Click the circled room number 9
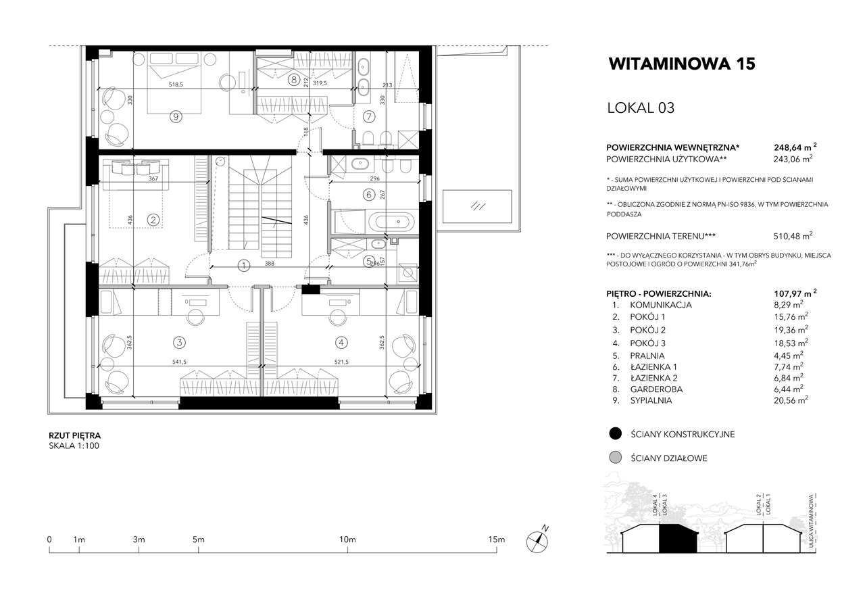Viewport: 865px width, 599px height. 176,116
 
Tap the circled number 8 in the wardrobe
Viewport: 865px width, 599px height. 294,80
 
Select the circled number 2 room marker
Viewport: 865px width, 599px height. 153,220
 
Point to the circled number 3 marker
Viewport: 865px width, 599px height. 179,342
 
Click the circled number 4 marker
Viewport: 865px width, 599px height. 341,342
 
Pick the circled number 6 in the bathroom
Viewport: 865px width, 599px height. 369,195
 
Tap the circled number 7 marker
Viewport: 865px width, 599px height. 369,116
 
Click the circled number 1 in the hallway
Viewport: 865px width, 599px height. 244,266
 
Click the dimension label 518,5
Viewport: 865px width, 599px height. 176,85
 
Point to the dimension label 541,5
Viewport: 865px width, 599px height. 179,362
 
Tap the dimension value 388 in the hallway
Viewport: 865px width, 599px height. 270,264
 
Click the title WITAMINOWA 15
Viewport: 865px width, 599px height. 682,64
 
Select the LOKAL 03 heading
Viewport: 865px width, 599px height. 641,107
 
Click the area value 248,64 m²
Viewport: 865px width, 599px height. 795,147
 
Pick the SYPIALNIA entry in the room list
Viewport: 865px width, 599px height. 651,400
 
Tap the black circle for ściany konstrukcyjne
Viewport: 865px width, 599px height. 615,433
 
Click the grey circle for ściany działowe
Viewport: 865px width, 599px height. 615,458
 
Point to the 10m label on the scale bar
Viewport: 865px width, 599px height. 347,540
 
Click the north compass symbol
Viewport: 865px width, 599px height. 537,542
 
